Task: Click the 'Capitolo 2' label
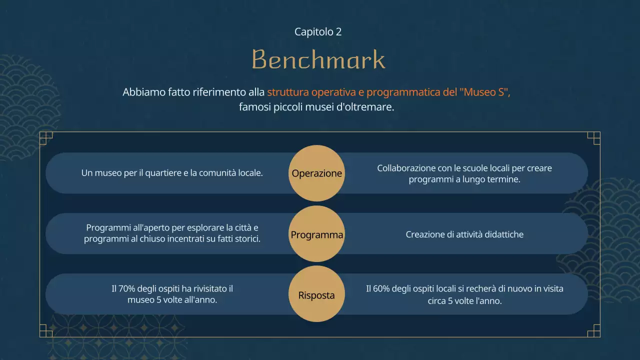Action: [318, 32]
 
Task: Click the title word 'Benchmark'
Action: [318, 60]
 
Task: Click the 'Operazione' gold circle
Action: [316, 173]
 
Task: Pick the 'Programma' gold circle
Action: [316, 234]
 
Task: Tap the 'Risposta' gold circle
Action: [316, 295]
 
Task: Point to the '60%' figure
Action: [383, 289]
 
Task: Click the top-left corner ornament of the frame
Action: [45, 138]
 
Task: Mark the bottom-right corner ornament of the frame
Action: [594, 331]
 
